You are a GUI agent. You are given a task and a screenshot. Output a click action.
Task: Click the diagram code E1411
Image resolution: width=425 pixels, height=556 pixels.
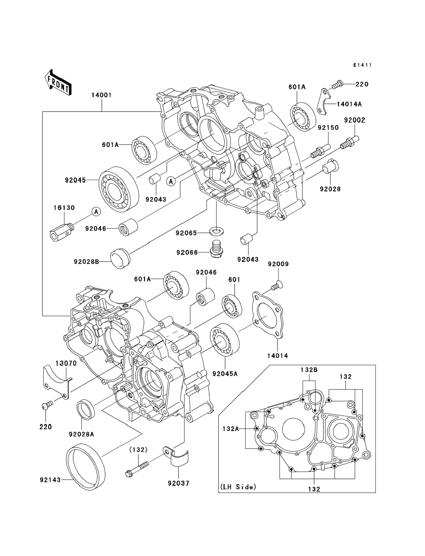363,65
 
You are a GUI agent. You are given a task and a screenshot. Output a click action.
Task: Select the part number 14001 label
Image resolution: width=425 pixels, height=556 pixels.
102,95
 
